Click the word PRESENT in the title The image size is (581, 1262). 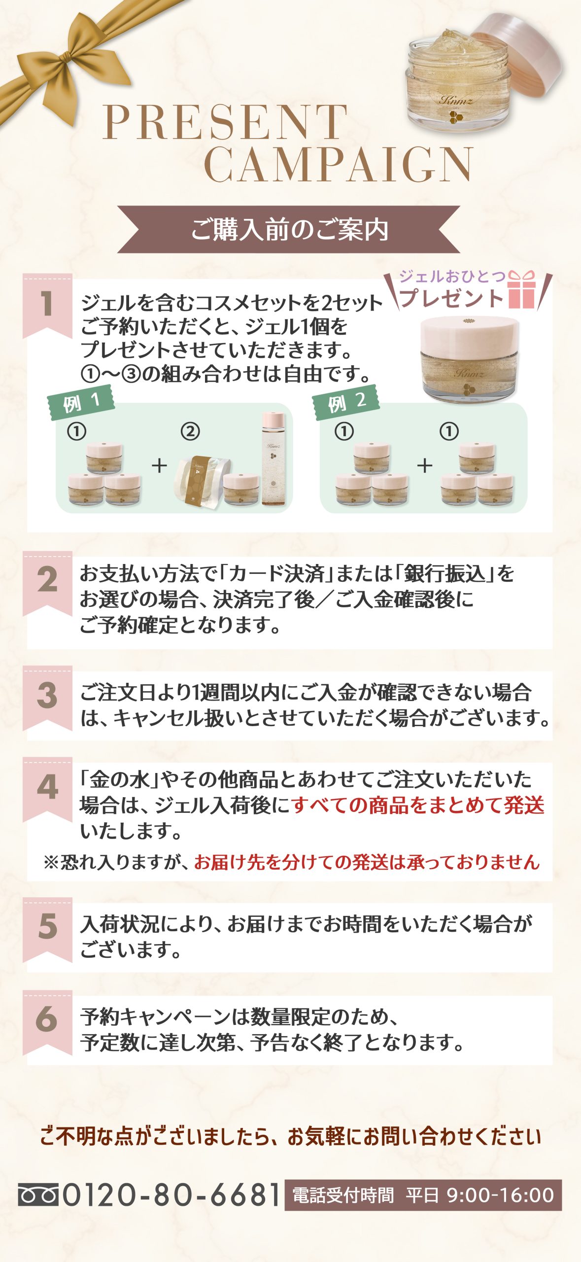225,122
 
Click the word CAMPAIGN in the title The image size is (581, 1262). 339,164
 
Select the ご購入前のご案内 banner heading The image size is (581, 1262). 289,230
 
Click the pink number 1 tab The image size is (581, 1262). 47,306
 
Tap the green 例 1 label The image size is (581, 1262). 81,402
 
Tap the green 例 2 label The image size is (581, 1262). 346,402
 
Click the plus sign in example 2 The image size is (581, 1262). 425,465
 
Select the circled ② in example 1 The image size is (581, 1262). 190,432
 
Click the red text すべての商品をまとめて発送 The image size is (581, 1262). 418,805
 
